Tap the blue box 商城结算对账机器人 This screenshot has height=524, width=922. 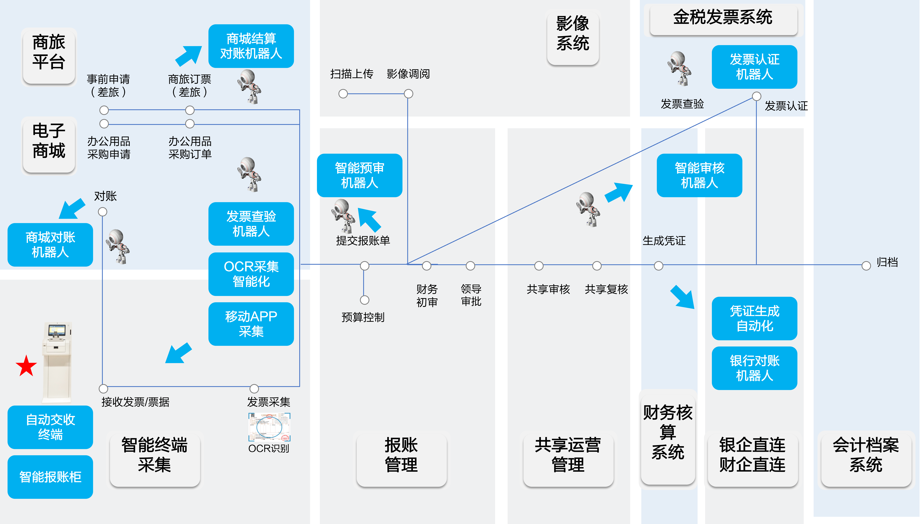coord(251,46)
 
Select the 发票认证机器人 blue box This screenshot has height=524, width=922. coord(754,67)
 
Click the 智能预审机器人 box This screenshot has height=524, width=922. coord(359,175)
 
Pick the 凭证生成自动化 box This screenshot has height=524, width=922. coord(754,318)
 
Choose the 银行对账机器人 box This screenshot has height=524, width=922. coord(754,368)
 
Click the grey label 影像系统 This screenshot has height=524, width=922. coord(572,34)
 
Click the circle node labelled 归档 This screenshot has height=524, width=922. coord(866,266)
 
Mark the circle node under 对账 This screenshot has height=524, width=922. coord(103,212)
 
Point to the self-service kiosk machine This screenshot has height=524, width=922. coord(57,362)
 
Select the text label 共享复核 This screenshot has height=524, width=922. coord(606,289)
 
